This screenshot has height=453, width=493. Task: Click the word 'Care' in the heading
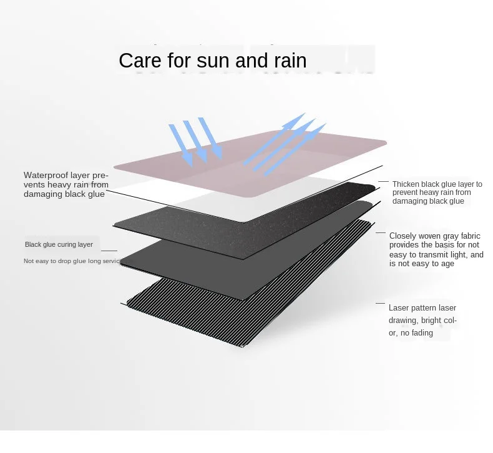pyautogui.click(x=139, y=61)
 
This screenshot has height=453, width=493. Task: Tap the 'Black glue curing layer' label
pyautogui.click(x=59, y=244)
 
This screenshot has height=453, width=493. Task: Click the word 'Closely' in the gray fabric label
pyautogui.click(x=403, y=236)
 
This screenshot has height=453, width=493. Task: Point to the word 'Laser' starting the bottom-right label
pyautogui.click(x=399, y=308)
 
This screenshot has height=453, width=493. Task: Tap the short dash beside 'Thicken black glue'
pyautogui.click(x=383, y=182)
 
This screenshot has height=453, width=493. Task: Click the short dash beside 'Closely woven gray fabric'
pyautogui.click(x=380, y=232)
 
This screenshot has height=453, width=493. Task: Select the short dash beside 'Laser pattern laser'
pyautogui.click(x=380, y=304)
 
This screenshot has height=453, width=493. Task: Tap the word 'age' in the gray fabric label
pyautogui.click(x=446, y=264)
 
